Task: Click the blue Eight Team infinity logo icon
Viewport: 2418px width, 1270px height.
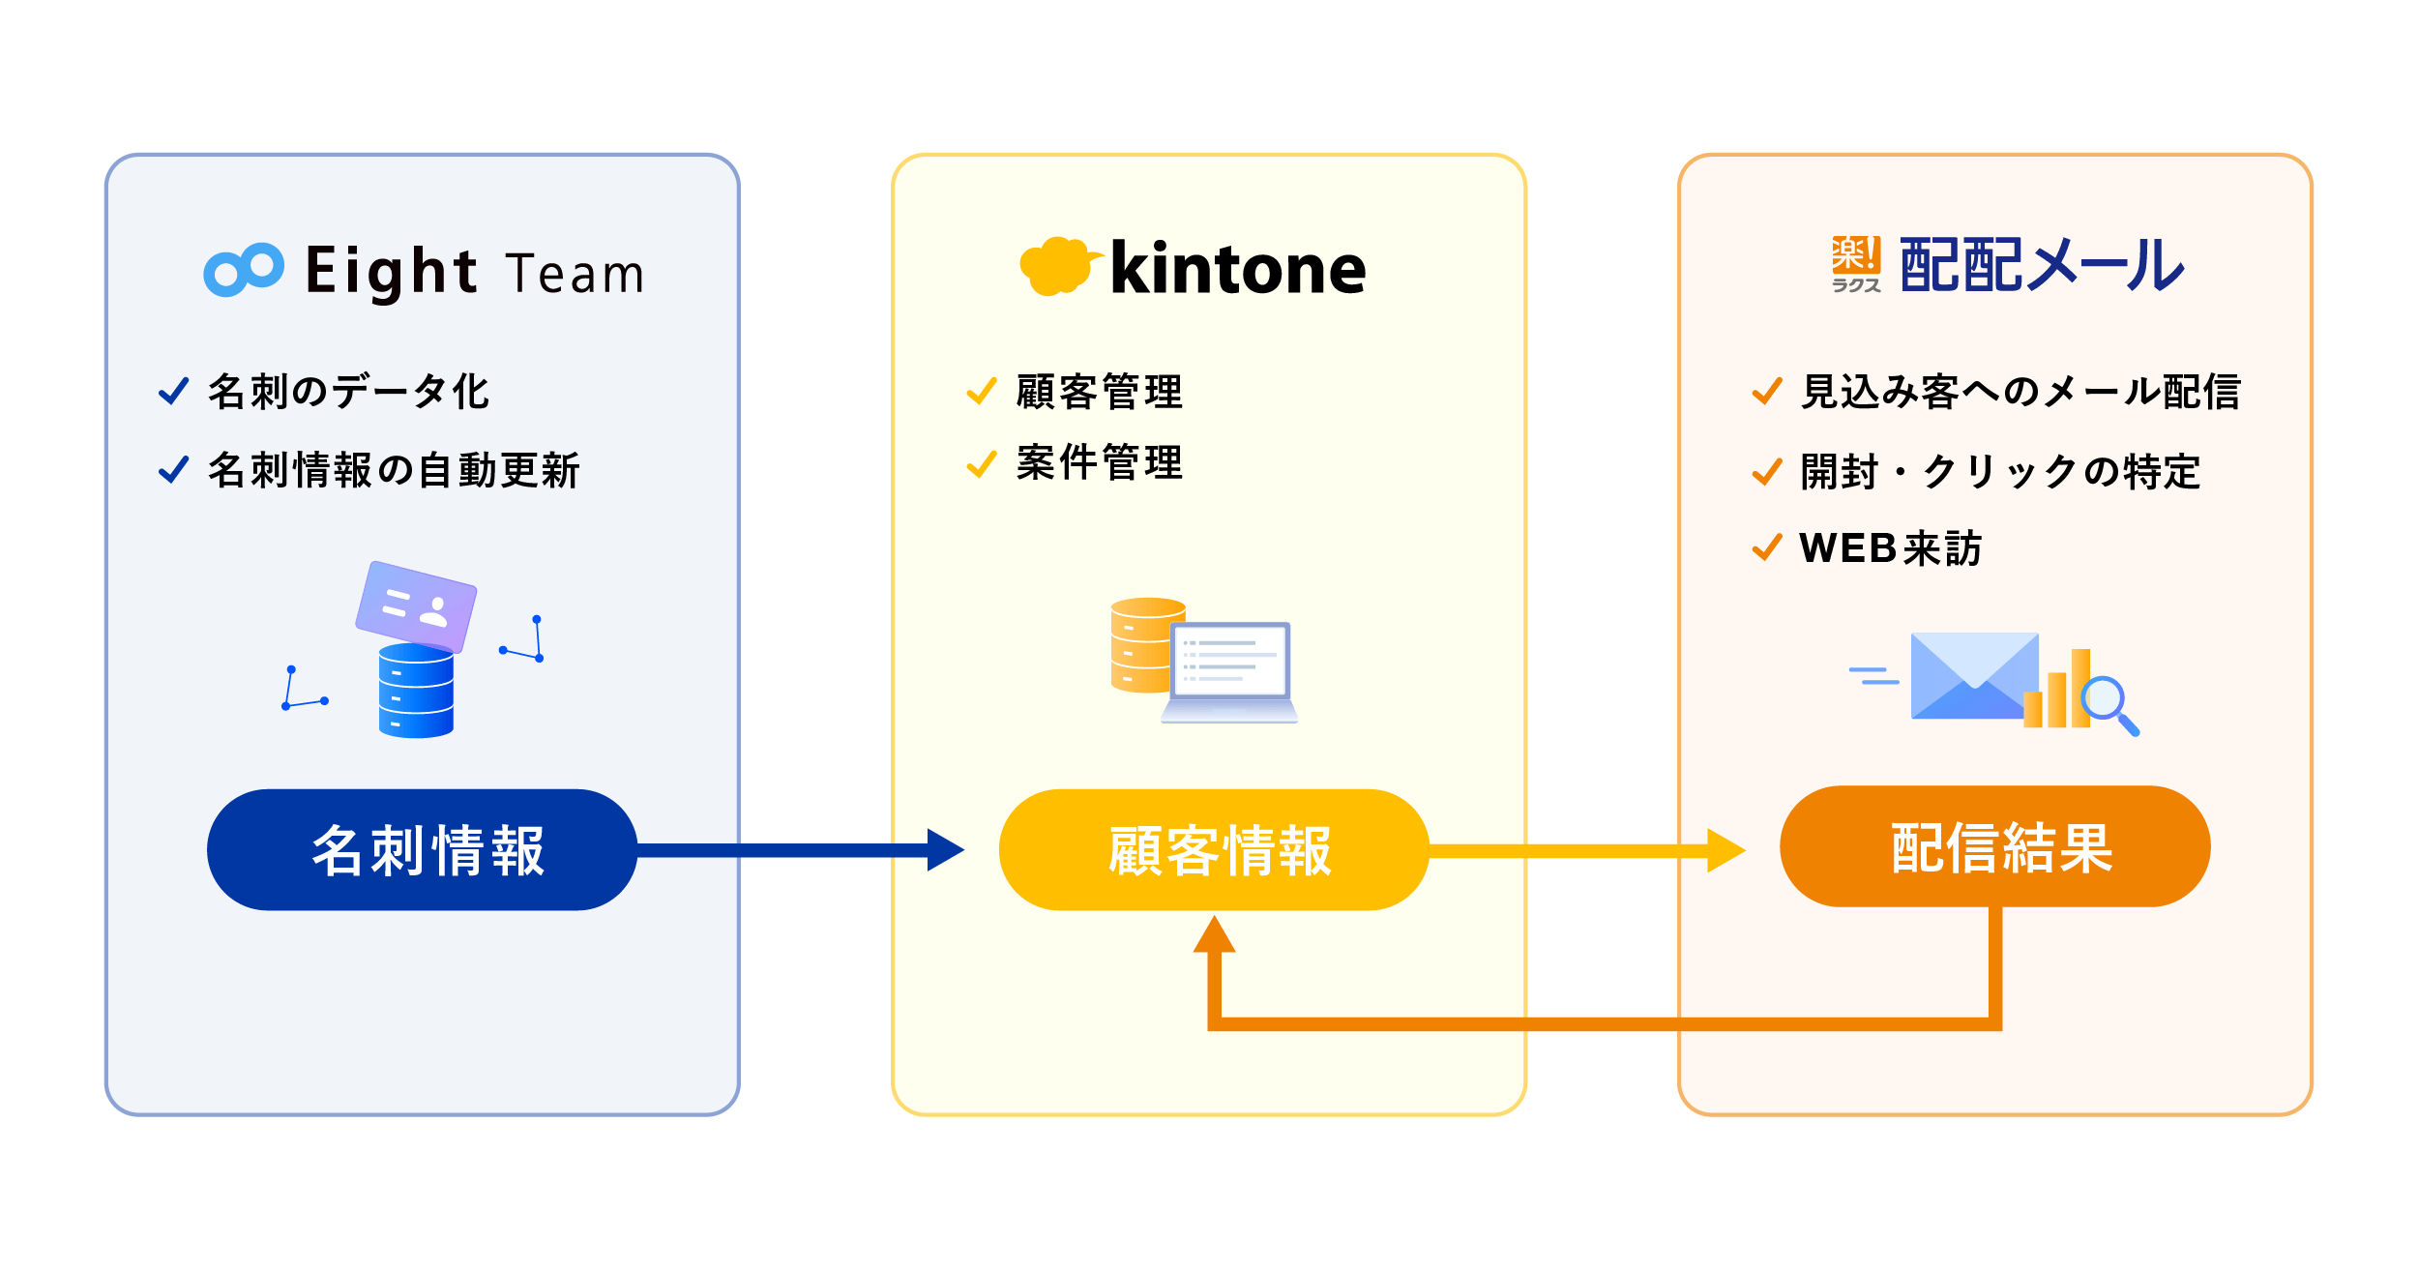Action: click(x=244, y=269)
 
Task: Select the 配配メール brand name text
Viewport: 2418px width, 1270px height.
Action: click(x=2042, y=265)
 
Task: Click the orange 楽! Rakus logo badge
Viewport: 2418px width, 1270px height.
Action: click(x=1856, y=264)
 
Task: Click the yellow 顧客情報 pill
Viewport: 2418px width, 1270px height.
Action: click(x=1214, y=850)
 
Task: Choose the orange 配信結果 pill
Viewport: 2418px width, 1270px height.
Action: click(x=1994, y=847)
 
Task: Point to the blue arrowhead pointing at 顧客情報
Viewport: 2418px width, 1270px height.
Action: click(x=945, y=850)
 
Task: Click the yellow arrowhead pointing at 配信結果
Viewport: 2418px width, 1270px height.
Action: click(x=1725, y=850)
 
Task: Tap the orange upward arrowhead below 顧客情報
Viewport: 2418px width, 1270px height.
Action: click(x=1214, y=934)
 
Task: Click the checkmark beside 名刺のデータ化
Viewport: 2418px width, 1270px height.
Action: click(x=174, y=391)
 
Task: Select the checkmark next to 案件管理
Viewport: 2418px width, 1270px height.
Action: click(x=982, y=464)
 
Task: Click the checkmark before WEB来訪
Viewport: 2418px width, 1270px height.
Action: click(x=1767, y=547)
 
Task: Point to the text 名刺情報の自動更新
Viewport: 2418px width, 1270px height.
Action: click(x=394, y=470)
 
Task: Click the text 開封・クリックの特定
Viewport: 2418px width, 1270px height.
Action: click(x=2000, y=472)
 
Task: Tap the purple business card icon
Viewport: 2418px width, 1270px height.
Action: click(x=416, y=606)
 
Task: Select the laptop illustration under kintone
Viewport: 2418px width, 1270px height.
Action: click(x=1229, y=672)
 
